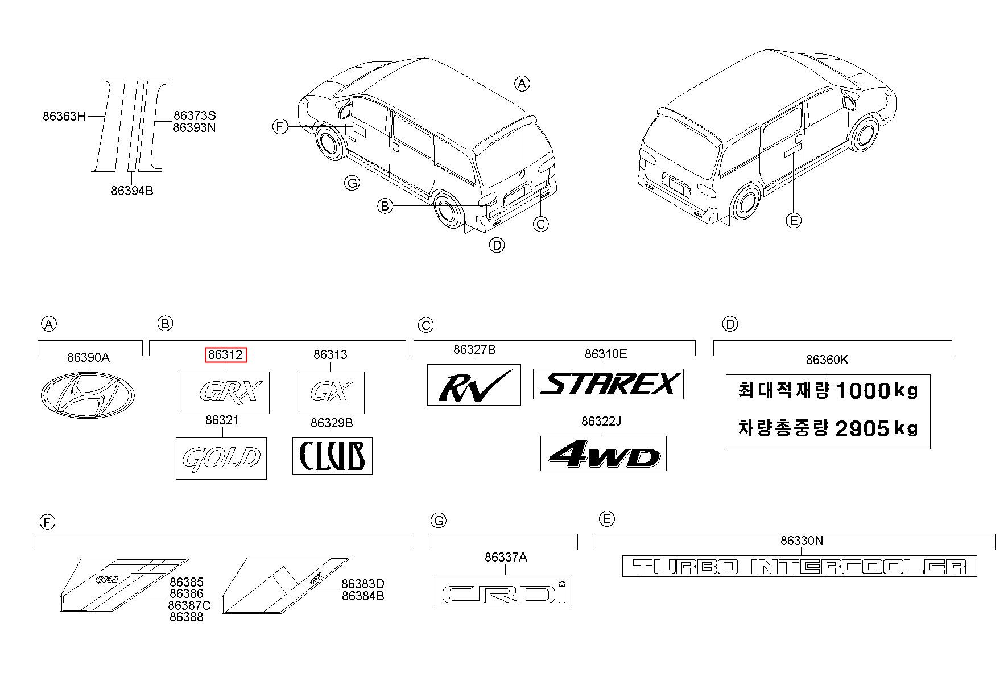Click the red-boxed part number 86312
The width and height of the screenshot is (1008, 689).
click(x=226, y=355)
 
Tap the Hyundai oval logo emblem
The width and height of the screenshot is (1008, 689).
click(x=88, y=394)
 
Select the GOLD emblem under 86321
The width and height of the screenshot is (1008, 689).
click(x=221, y=458)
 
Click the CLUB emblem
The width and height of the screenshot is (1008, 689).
click(x=332, y=455)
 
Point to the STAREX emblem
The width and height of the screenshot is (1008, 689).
click(x=608, y=384)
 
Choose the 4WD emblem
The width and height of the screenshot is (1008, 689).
click(x=603, y=453)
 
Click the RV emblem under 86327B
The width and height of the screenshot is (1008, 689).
click(x=474, y=385)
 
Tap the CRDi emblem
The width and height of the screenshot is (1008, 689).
click(x=504, y=592)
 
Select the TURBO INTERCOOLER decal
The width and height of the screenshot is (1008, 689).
click(x=799, y=566)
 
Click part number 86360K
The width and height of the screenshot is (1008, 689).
click(x=827, y=360)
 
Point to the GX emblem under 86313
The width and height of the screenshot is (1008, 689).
click(x=332, y=393)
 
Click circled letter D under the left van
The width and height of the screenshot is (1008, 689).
click(x=497, y=245)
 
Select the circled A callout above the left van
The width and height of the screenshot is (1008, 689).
click(x=522, y=84)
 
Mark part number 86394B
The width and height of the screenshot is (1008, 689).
click(x=132, y=191)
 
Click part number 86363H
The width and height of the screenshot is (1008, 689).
click(x=64, y=117)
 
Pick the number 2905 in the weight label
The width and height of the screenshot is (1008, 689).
click(x=862, y=428)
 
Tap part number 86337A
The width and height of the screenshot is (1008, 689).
click(x=506, y=558)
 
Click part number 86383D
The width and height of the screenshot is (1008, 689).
click(x=363, y=584)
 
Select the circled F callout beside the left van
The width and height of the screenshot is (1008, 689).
click(x=279, y=126)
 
